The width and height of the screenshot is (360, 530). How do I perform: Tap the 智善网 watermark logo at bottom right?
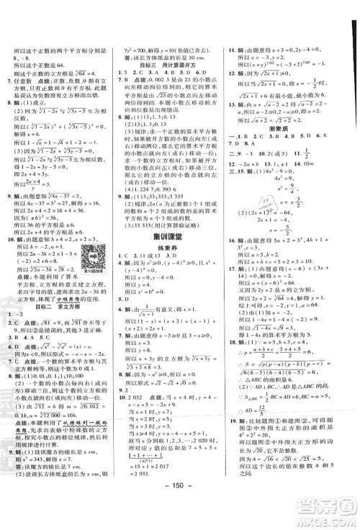point(328,511)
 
